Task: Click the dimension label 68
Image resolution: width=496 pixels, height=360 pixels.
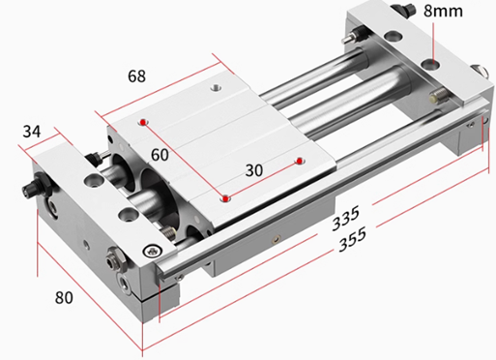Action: tap(136, 76)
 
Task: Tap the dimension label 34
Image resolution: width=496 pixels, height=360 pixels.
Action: tap(32, 132)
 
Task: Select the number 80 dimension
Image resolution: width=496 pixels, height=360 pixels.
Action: tap(64, 297)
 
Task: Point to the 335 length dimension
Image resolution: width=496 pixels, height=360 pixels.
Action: tap(345, 219)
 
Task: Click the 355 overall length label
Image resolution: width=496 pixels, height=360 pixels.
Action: tap(353, 239)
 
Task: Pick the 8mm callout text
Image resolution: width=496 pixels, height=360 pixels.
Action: tap(443, 11)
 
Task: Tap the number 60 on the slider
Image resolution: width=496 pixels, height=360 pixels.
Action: tap(160, 155)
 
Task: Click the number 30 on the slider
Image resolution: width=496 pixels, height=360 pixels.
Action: tap(254, 170)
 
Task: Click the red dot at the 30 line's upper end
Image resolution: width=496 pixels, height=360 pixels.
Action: tap(300, 161)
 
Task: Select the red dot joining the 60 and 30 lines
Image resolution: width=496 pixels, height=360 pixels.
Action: tap(225, 198)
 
